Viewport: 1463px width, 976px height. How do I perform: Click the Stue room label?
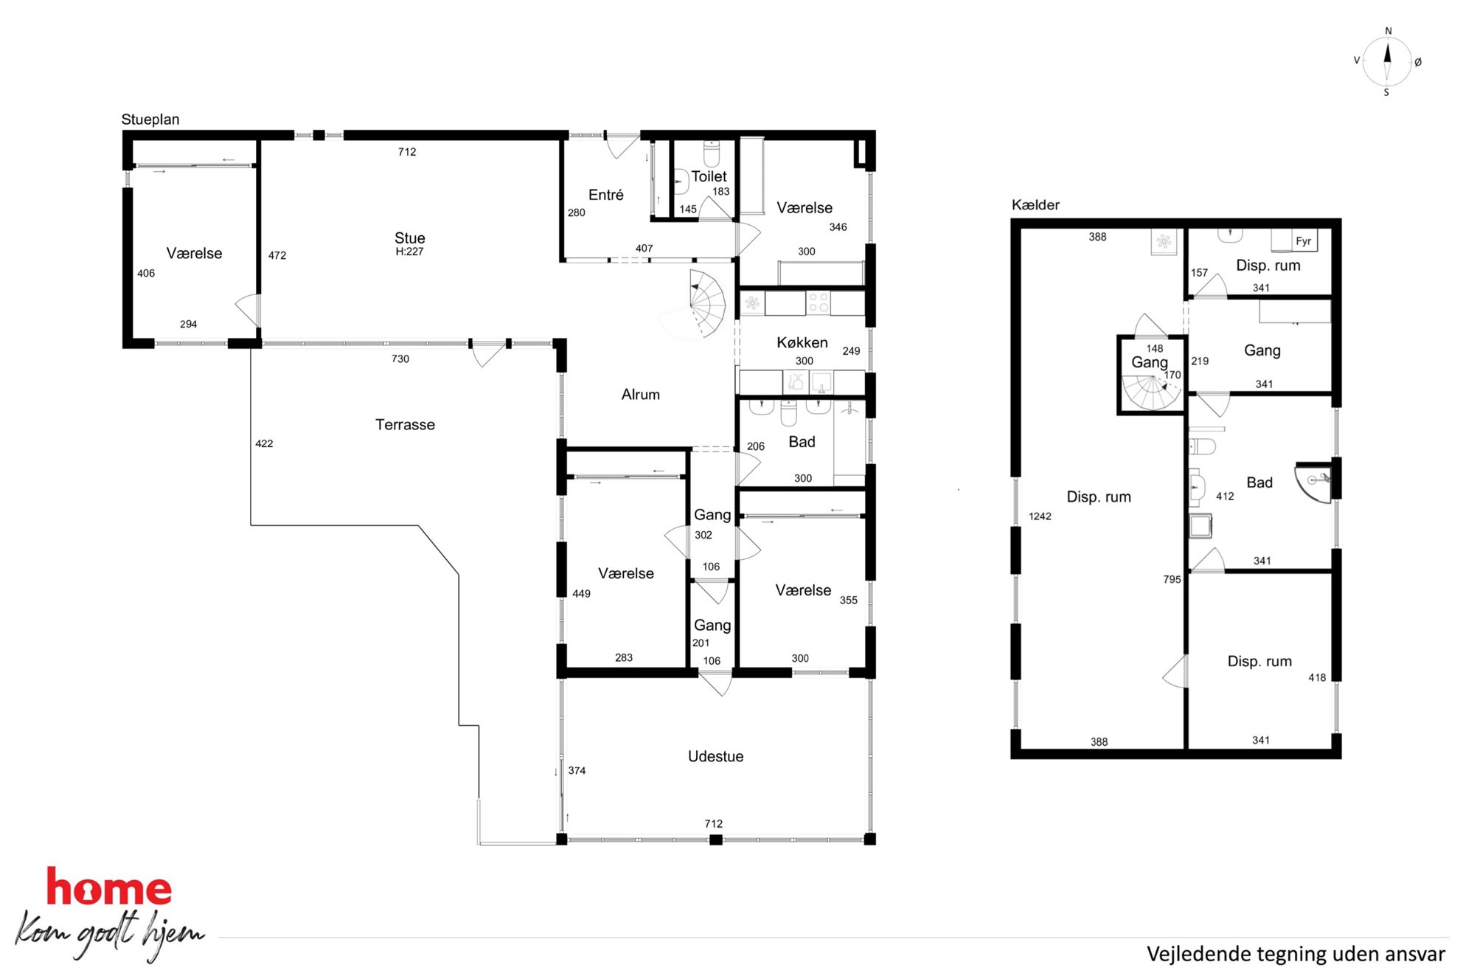coord(409,238)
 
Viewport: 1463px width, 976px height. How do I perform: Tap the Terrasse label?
coord(405,424)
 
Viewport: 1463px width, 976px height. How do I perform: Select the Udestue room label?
coord(715,756)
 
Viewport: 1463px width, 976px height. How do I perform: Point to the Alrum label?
coord(640,395)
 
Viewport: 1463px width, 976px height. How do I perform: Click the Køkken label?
coord(802,342)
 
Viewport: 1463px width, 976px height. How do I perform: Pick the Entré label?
coord(605,195)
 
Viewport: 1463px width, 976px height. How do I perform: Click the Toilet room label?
coord(709,176)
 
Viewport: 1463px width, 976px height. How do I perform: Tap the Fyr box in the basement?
coord(1303,241)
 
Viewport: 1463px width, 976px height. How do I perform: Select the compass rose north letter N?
coord(1388,31)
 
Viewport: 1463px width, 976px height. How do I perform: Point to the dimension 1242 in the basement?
coord(1040,516)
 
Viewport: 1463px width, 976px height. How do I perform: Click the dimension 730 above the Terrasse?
coord(400,359)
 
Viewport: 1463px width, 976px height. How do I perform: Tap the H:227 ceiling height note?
coord(409,252)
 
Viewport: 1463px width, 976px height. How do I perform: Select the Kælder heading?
coord(1035,204)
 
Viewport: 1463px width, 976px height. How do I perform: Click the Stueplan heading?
coord(150,120)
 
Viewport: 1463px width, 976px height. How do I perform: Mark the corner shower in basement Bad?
coord(1315,482)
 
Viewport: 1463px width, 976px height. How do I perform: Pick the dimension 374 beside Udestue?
coord(577,770)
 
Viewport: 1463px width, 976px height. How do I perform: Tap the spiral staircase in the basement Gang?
coord(1150,392)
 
